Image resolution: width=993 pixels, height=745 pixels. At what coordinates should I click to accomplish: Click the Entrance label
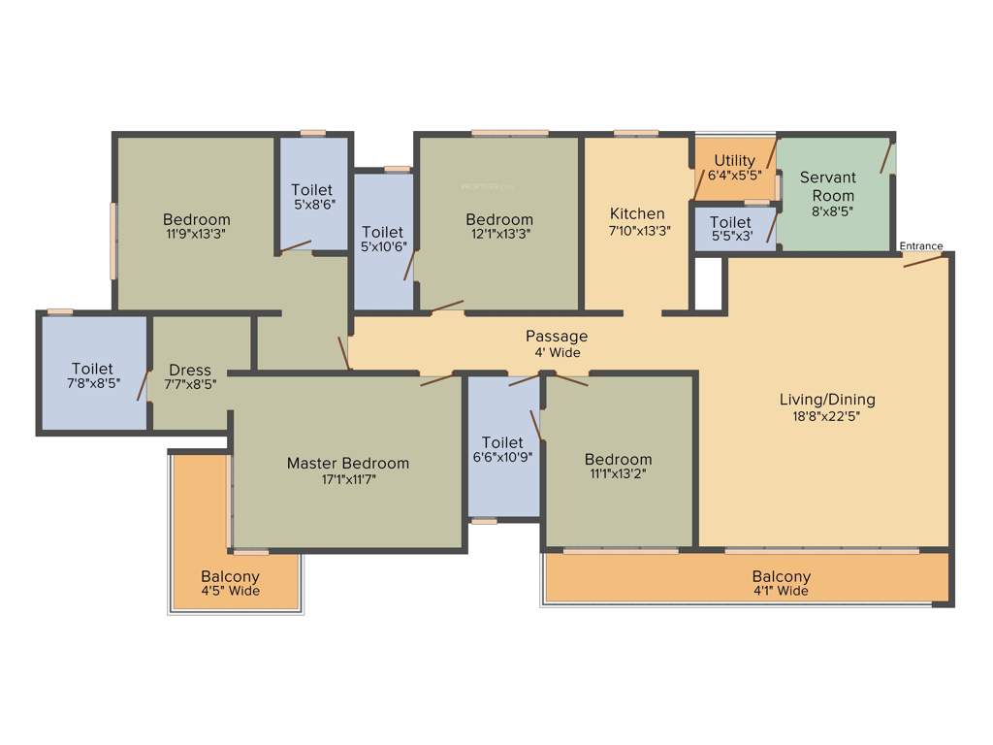pos(920,246)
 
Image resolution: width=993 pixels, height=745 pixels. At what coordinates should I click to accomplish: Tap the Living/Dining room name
pos(827,400)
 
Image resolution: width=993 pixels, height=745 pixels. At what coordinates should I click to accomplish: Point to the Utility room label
pos(734,161)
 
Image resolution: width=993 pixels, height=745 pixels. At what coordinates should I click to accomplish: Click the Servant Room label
pos(827,186)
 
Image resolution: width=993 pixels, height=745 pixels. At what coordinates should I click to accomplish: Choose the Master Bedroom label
pos(347,464)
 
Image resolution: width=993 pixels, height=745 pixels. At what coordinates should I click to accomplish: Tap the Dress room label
pos(190,371)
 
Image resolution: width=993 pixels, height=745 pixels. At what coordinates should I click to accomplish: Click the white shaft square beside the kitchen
pos(709,282)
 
